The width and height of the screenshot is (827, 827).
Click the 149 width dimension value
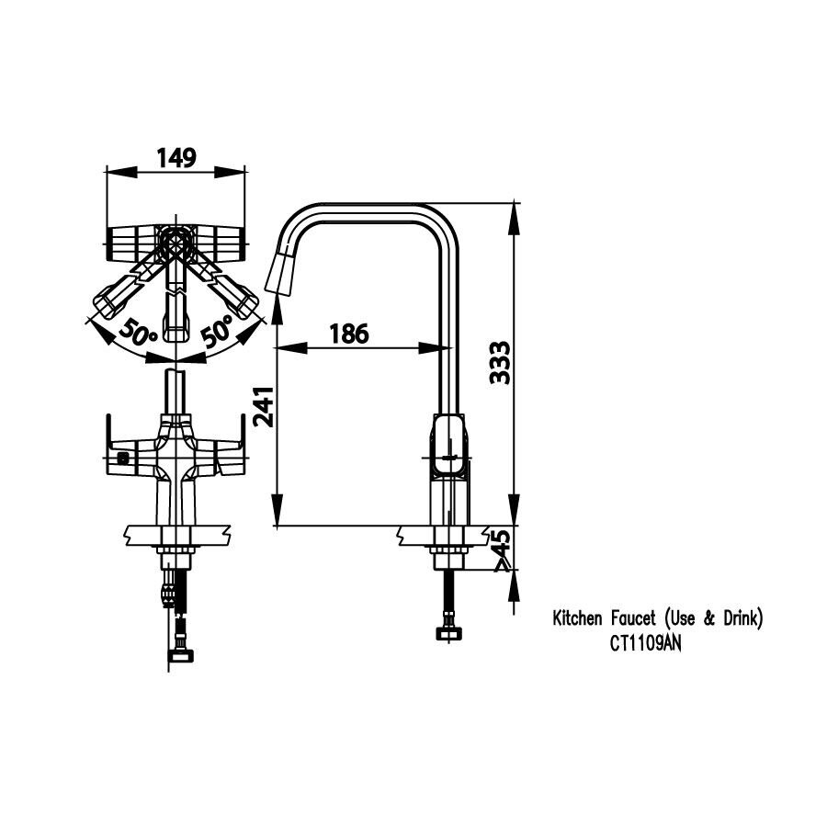point(176,158)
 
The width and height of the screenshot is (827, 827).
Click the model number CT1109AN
point(645,643)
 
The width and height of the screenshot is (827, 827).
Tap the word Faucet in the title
point(632,619)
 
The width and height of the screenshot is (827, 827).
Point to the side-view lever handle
point(449,447)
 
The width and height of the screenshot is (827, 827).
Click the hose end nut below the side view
point(450,633)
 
